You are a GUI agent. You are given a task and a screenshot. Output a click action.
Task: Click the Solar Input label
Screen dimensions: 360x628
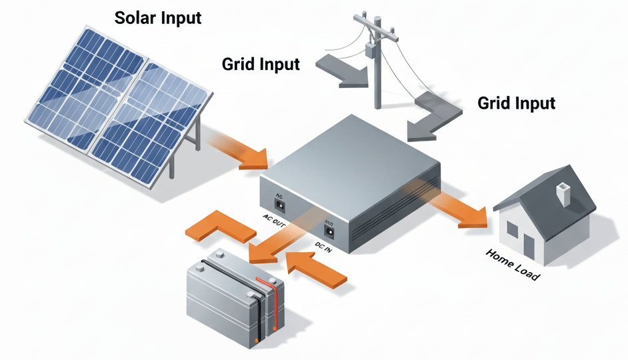tap(157, 17)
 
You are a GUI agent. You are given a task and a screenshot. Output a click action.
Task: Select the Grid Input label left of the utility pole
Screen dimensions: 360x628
tap(261, 65)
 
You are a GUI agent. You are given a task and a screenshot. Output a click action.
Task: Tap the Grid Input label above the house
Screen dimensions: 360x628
tap(517, 103)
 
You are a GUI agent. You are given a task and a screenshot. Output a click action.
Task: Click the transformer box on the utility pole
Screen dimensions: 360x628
tap(369, 51)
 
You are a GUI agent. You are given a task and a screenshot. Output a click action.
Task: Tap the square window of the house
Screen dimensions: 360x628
tap(512, 231)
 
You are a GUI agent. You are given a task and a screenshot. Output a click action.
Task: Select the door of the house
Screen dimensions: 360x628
tap(529, 246)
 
